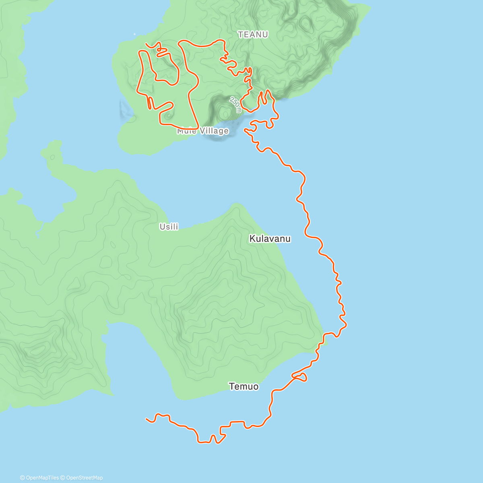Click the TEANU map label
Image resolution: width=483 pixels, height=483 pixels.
pyautogui.click(x=253, y=35)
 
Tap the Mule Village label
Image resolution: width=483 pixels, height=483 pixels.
pyautogui.click(x=203, y=131)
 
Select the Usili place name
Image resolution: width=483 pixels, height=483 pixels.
pyautogui.click(x=169, y=227)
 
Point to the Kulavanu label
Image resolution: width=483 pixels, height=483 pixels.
pyautogui.click(x=270, y=239)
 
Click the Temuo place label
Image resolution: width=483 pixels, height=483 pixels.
pyautogui.click(x=244, y=387)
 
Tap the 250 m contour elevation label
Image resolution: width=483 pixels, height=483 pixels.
pyautogui.click(x=235, y=104)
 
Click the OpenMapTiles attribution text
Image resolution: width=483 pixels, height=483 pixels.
pyautogui.click(x=41, y=478)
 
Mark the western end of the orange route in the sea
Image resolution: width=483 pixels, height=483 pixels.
pyautogui.click(x=147, y=419)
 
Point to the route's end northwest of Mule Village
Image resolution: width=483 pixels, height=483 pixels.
pyautogui.click(x=146, y=43)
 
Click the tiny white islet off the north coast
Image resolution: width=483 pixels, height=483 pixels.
pyautogui.click(x=135, y=34)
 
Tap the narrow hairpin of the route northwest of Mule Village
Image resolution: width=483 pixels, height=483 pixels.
pyautogui.click(x=149, y=103)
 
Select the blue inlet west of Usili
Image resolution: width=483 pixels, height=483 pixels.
pyautogui.click(x=60, y=201)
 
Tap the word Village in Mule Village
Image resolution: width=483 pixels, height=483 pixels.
pyautogui.click(x=214, y=131)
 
